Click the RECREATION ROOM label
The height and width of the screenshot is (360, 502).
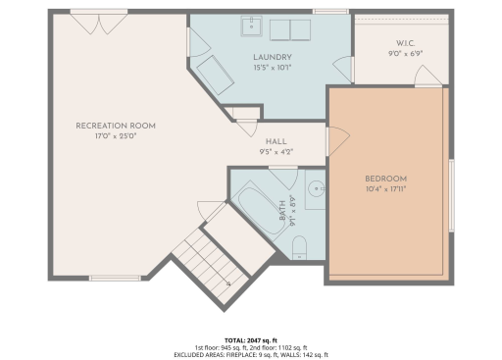click(116, 126)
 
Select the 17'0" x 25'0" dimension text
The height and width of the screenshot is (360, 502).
click(116, 136)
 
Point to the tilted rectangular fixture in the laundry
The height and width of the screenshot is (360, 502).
click(213, 75)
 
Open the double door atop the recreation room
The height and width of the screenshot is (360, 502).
click(98, 17)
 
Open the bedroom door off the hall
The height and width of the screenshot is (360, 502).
click(334, 141)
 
